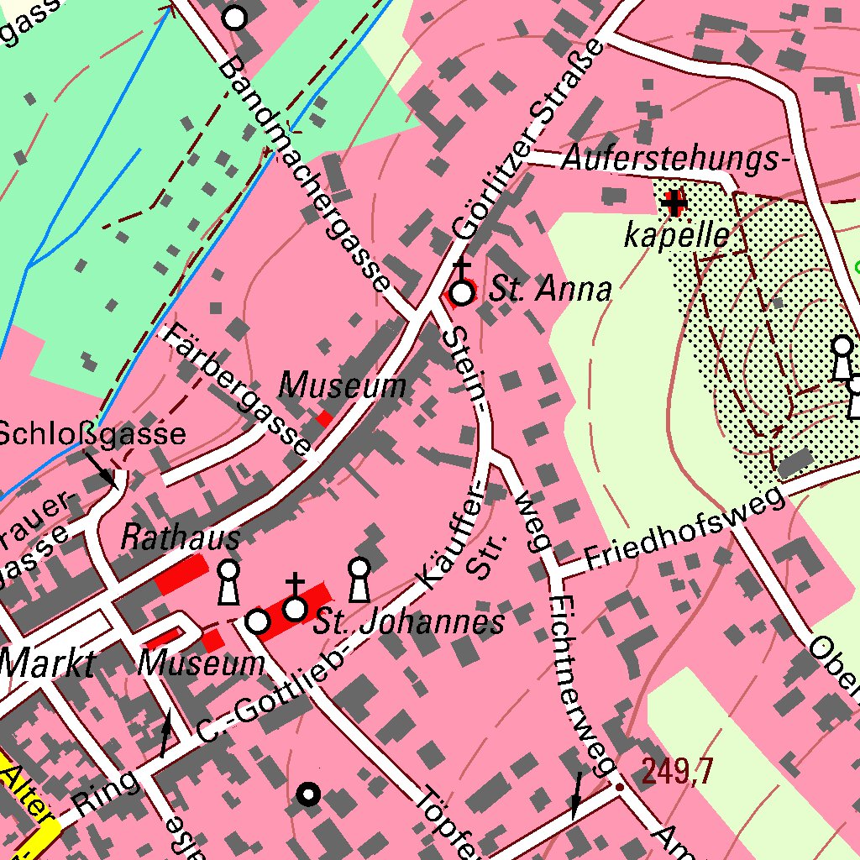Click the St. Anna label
point(551,290)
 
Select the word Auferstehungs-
point(676,158)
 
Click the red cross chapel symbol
point(674,202)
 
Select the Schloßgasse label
point(92,433)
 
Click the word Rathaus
point(180,537)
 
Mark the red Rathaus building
point(181,575)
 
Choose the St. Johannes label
point(409,622)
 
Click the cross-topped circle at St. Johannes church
point(295,606)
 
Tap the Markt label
point(47,663)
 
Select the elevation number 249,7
point(678,770)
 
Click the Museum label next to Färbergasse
point(343,385)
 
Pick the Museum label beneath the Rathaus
point(202,663)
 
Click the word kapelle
point(676,236)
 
